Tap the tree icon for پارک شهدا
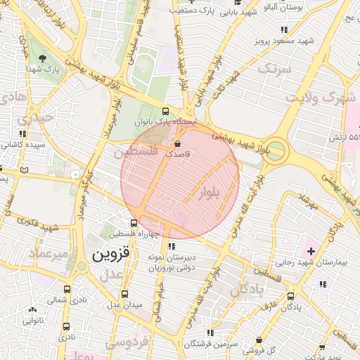pyautogui.click(x=43, y=58)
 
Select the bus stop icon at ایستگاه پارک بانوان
pyautogui.click(x=165, y=111)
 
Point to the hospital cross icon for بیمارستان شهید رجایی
pyautogui.click(x=311, y=251)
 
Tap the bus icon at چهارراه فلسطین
pyautogui.click(x=134, y=223)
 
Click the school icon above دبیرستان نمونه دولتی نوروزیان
pyautogui.click(x=172, y=246)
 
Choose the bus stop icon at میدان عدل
pyautogui.click(x=125, y=294)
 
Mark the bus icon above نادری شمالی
pyautogui.click(x=67, y=289)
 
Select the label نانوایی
pyautogui.click(x=32, y=320)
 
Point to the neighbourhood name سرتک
pyautogui.click(x=274, y=69)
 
